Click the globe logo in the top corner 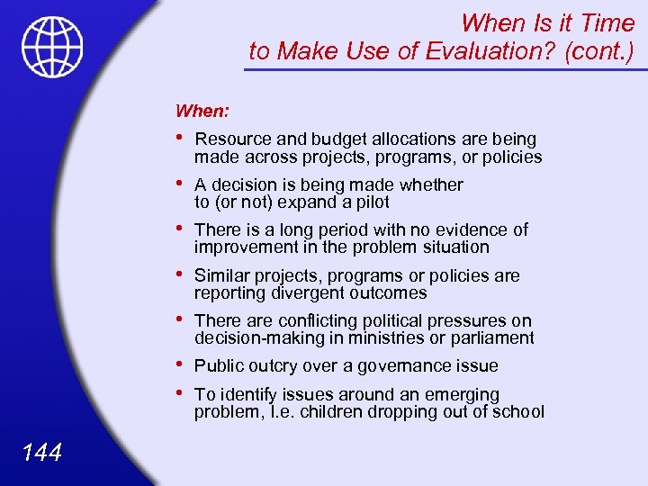click(53, 48)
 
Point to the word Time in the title click(605, 21)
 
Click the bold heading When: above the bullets click(202, 111)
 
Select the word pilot click(371, 202)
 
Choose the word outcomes click(389, 293)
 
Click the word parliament click(492, 338)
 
